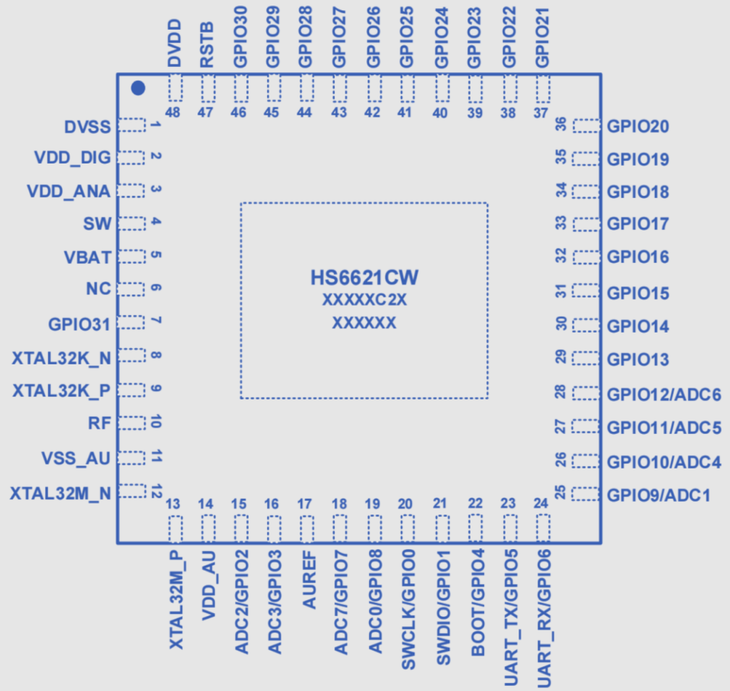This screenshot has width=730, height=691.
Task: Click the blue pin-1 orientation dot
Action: pos(138,88)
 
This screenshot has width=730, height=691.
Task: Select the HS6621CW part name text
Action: pos(364,278)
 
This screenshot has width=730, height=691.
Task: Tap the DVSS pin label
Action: pos(87,126)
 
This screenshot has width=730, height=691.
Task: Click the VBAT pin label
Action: pos(87,258)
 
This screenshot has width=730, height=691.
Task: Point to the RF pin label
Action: pos(99,424)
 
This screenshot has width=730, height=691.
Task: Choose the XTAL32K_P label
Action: pos(62,391)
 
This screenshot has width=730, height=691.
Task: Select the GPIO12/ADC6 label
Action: pos(664,394)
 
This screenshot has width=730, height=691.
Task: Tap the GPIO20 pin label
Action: pos(638,126)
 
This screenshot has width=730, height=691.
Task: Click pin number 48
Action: pos(173,113)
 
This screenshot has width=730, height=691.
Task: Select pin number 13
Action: pos(173,504)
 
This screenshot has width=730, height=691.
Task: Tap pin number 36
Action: pos(560,126)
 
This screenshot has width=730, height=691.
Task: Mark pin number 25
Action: pos(560,492)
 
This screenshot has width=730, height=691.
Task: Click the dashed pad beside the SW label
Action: pos(132,224)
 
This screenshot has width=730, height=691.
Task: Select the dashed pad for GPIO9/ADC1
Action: pos(585,494)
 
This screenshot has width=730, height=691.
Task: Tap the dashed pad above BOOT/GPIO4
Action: pos(476,528)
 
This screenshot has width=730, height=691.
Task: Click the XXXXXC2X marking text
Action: pos(364,301)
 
